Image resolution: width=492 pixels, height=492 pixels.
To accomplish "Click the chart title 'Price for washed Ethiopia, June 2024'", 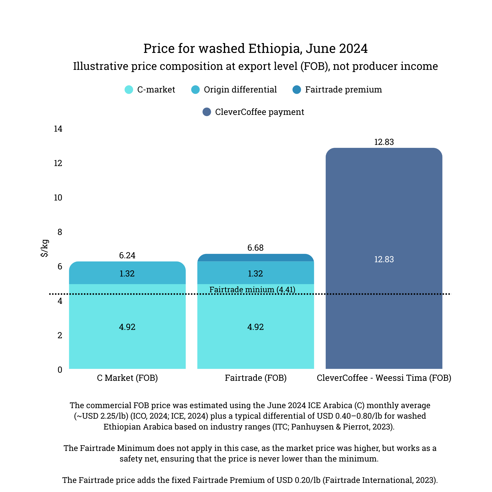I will click(255, 48).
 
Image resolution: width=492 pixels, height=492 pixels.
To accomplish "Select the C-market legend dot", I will click(129, 90).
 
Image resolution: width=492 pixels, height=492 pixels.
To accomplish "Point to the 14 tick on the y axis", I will click(58, 129).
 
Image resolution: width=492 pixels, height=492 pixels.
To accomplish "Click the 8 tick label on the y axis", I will click(60, 232).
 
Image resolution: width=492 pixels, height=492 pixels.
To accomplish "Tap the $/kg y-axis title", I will click(44, 248).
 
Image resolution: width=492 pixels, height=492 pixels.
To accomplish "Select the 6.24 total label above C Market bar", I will click(127, 255).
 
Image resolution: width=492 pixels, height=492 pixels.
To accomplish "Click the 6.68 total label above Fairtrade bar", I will click(255, 248).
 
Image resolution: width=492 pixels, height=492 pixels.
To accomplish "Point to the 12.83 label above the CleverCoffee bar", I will click(384, 142).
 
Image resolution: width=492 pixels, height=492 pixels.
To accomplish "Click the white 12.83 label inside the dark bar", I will click(384, 259).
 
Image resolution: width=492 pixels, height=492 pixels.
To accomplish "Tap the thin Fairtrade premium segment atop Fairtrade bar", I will click(255, 258).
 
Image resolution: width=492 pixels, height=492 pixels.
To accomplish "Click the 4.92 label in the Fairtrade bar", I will click(255, 327).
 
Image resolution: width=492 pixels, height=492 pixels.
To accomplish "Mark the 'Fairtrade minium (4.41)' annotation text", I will click(252, 290).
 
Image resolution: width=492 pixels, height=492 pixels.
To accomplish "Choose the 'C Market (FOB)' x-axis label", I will click(127, 378).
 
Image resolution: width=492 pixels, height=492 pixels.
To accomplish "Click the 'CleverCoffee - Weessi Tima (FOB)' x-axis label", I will click(384, 378).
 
